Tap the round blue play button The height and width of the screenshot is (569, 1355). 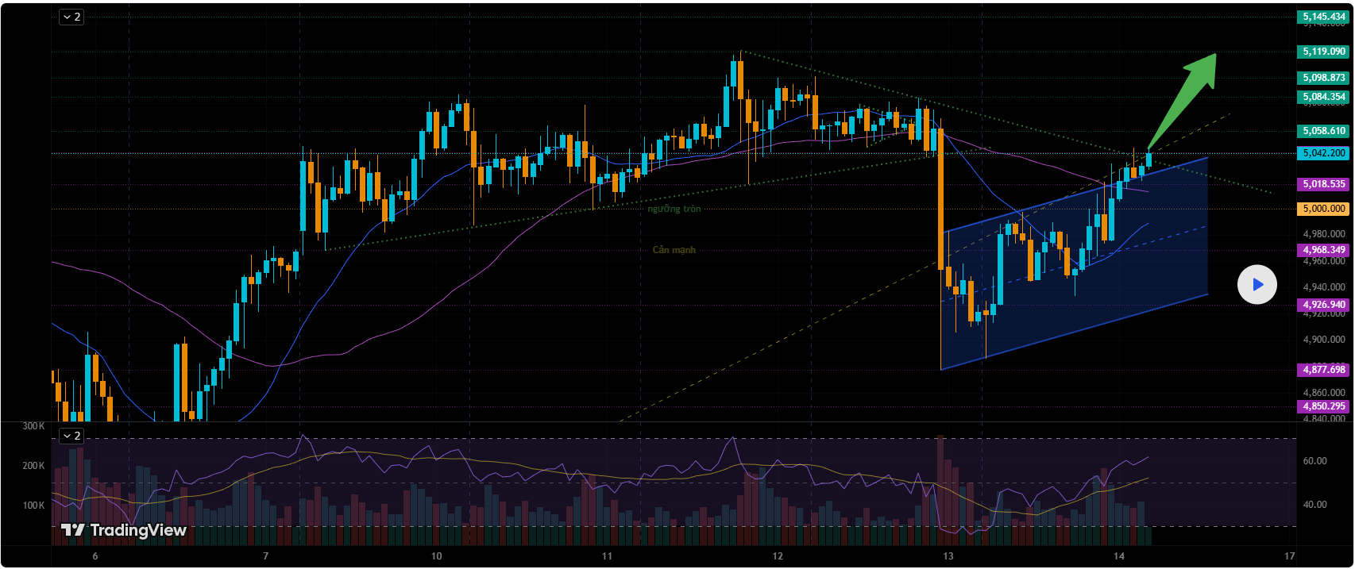click(1257, 284)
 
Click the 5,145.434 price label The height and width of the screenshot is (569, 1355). click(1323, 17)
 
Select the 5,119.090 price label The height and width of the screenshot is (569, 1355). click(1323, 52)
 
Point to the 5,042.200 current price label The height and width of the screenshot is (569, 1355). click(1323, 153)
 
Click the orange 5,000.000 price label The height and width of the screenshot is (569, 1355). click(1323, 209)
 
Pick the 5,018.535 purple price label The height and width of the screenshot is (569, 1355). click(1323, 184)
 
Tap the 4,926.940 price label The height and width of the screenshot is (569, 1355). click(1323, 305)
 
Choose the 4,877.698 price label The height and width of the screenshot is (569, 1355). click(1323, 370)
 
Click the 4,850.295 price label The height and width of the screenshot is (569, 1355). click(1323, 406)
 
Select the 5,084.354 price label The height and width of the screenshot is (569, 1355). click(1323, 97)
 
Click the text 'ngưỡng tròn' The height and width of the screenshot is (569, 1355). click(674, 209)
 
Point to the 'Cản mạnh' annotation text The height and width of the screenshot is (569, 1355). click(674, 250)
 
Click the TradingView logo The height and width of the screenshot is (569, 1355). click(124, 530)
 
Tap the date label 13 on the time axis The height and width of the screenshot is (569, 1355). click(948, 556)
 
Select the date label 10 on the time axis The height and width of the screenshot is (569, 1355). click(436, 556)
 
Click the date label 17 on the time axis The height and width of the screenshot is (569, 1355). click(1289, 556)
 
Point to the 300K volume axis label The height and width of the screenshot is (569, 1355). click(33, 426)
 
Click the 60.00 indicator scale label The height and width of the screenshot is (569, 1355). click(1314, 461)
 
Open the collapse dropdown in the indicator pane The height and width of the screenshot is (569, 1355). click(71, 436)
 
